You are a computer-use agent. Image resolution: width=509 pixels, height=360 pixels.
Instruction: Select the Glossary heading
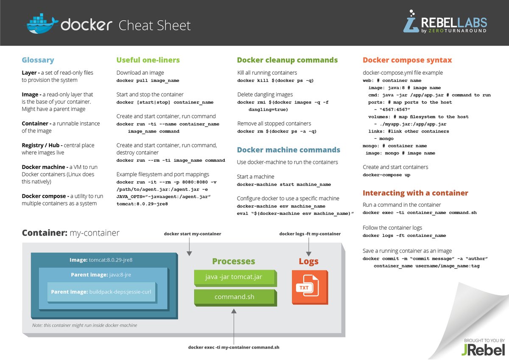(38, 60)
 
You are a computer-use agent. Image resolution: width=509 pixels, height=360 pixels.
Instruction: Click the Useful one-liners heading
(148, 60)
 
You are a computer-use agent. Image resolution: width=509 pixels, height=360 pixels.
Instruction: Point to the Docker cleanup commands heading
(287, 60)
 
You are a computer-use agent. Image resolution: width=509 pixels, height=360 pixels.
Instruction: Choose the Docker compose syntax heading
(407, 60)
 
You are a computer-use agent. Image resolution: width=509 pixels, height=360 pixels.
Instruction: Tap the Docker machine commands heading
(288, 150)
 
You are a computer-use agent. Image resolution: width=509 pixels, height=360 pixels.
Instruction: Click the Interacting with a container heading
(415, 193)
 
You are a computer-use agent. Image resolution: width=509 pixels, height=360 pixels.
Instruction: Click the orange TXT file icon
(310, 287)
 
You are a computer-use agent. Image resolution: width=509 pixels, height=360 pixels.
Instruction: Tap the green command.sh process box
(235, 297)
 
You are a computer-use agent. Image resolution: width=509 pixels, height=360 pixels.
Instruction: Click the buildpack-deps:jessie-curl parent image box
(101, 292)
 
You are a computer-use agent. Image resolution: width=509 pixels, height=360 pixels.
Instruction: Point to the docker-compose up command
(386, 175)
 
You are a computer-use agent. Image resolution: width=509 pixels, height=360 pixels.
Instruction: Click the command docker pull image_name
(148, 81)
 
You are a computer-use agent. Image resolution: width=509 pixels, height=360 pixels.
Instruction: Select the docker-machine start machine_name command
(284, 185)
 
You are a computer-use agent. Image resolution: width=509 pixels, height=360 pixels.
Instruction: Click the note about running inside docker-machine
(85, 325)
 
